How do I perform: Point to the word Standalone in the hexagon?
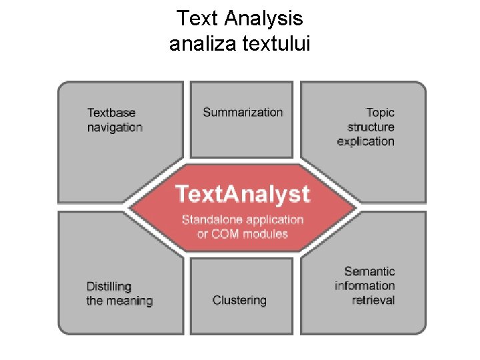(x=213, y=219)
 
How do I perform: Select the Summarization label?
(x=243, y=112)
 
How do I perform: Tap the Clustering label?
(x=239, y=300)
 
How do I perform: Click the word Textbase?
(x=111, y=113)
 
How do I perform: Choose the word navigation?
(x=115, y=127)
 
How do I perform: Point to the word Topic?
(x=380, y=113)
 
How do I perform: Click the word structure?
(x=371, y=127)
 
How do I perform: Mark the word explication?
(x=365, y=141)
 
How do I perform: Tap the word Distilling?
(x=109, y=287)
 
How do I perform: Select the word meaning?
(x=129, y=301)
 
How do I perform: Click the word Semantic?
(x=369, y=271)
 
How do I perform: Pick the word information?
(x=365, y=285)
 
